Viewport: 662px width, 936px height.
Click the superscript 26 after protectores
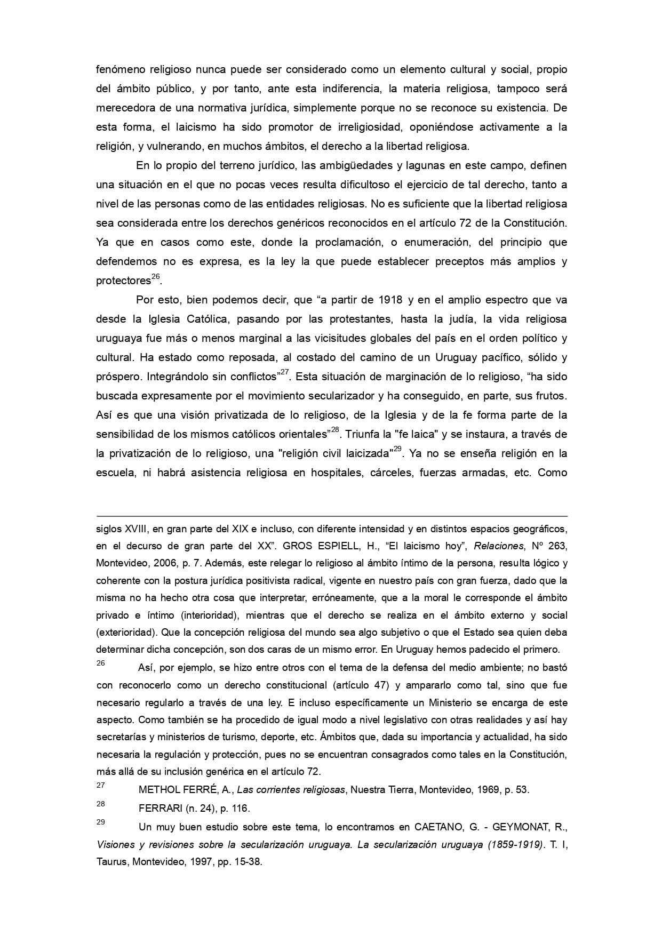tap(155, 277)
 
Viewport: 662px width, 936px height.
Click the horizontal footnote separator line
tap(331, 516)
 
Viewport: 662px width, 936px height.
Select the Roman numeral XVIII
tap(135, 530)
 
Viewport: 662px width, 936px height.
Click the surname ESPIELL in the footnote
tap(331, 546)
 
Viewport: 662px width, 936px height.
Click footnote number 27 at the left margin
tap(100, 785)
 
